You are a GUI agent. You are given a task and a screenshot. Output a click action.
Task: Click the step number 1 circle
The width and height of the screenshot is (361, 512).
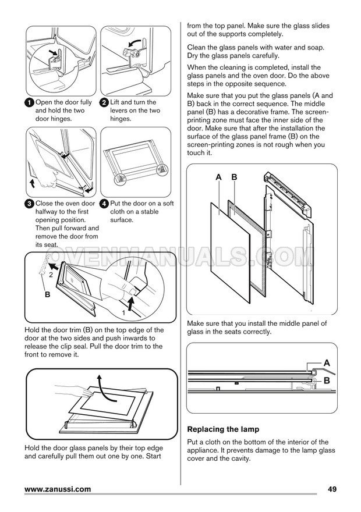pos(29,103)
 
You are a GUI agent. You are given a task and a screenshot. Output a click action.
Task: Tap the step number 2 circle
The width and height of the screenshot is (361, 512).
pos(104,103)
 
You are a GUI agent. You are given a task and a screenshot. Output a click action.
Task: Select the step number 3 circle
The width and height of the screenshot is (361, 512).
pos(29,204)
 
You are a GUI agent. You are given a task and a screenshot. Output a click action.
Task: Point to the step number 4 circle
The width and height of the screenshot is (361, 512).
pos(104,204)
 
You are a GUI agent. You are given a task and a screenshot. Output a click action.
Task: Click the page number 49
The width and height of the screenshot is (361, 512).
pos(332,489)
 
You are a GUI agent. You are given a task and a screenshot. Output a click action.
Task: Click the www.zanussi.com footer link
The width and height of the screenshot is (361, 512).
pos(58,489)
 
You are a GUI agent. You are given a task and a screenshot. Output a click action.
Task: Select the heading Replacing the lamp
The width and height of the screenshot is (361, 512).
pos(223,429)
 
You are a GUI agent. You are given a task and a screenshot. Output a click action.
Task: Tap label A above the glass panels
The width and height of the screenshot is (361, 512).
pos(218,177)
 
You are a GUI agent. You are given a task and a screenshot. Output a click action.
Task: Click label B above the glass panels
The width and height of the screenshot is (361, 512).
pos(234,177)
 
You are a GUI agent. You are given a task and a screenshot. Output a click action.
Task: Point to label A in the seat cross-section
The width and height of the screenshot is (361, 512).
pos(327,363)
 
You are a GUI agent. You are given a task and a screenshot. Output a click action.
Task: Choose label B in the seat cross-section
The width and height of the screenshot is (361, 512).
pos(327,381)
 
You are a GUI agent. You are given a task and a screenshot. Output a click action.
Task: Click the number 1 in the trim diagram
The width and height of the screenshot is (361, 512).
pos(123,313)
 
